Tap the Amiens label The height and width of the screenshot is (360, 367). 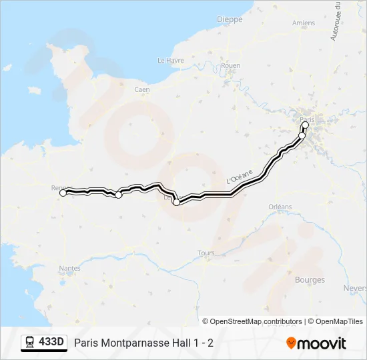pyautogui.click(x=304, y=23)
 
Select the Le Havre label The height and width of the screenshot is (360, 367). pyautogui.click(x=170, y=60)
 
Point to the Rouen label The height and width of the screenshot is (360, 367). pyautogui.click(x=230, y=65)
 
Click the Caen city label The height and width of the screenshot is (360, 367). pyautogui.click(x=142, y=89)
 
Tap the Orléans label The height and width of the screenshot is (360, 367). pyautogui.click(x=280, y=207)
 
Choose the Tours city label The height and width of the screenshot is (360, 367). pyautogui.click(x=206, y=253)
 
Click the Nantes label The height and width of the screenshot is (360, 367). pyautogui.click(x=70, y=268)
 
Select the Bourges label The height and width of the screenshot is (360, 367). pyautogui.click(x=310, y=280)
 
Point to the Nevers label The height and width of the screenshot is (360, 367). pyautogui.click(x=354, y=288)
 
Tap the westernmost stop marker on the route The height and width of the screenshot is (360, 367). pyautogui.click(x=63, y=193)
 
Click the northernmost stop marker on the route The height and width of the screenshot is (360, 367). pyautogui.click(x=306, y=125)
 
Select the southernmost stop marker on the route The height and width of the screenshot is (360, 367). pyautogui.click(x=176, y=203)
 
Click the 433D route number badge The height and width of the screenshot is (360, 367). pyautogui.click(x=51, y=343)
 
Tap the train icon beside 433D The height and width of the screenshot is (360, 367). pyautogui.click(x=30, y=343)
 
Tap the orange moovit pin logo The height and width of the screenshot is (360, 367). pyautogui.click(x=291, y=343)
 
